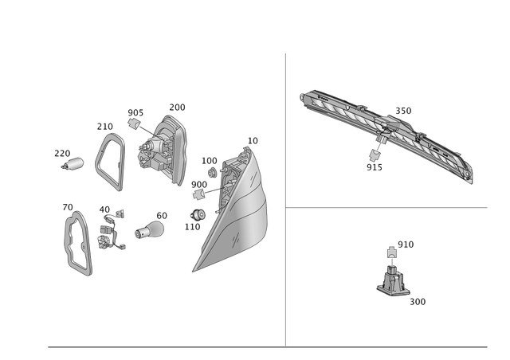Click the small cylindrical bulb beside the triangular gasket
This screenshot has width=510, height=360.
coord(75,163)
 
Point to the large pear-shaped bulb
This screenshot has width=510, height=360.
coord(145,232)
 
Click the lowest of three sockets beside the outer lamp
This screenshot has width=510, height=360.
coord(198,214)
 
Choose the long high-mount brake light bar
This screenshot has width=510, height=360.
coord(386,131)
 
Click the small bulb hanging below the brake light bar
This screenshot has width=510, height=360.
coord(377,151)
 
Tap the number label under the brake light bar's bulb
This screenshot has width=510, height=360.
coord(374,167)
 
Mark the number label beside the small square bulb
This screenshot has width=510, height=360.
coord(406,243)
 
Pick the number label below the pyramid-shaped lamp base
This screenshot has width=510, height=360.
coord(418,302)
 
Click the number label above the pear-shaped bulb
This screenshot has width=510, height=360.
coord(162,214)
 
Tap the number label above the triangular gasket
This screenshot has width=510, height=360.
coord(104,126)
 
